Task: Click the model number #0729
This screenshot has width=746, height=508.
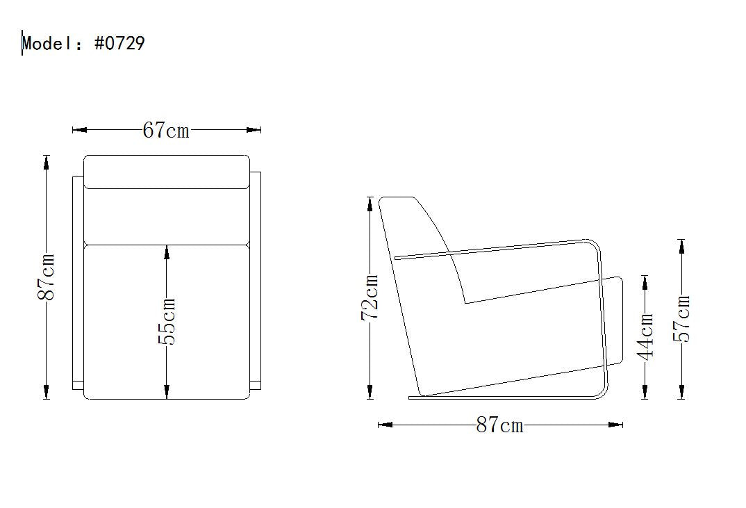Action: [120, 43]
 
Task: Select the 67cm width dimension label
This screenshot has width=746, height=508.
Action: [166, 130]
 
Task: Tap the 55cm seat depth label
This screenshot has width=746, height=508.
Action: [167, 321]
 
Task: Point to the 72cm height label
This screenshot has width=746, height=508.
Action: [370, 297]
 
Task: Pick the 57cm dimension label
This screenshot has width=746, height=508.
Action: [681, 318]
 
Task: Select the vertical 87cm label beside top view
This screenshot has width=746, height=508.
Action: [46, 277]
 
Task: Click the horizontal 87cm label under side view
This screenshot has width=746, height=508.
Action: [499, 425]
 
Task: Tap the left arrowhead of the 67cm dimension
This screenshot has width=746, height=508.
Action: [79, 129]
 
